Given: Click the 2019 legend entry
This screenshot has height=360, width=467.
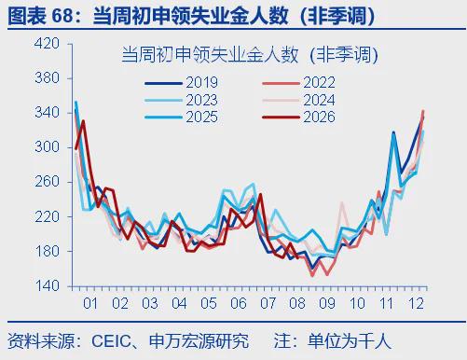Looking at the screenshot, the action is [x=182, y=83].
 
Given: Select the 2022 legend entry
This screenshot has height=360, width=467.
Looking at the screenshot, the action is [x=299, y=83].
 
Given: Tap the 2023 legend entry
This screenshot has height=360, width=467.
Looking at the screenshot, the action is [x=182, y=100].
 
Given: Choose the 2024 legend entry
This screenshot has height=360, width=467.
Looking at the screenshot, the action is [x=299, y=100].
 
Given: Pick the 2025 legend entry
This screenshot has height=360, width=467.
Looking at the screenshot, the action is [x=182, y=118].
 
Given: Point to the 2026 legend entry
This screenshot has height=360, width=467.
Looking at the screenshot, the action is [x=299, y=118].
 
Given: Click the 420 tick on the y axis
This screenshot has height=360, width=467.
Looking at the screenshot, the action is [x=47, y=44].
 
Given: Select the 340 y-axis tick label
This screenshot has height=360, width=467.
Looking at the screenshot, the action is [x=47, y=113].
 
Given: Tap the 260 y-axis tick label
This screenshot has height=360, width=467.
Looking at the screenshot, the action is [x=47, y=182].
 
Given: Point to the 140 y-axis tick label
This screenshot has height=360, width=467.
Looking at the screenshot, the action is [x=47, y=285].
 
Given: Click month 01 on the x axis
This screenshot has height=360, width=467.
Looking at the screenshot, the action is [x=90, y=303].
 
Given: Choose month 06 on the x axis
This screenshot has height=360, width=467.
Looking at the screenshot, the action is [x=239, y=303].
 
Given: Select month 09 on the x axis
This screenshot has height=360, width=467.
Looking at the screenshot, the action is [x=327, y=303].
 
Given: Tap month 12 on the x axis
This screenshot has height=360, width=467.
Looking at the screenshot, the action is [x=417, y=303].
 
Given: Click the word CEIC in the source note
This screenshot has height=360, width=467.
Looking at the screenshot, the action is [x=111, y=341].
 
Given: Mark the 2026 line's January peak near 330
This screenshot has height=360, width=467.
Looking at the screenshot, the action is [x=83, y=121].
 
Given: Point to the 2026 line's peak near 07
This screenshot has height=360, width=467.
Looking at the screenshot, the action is [x=260, y=194].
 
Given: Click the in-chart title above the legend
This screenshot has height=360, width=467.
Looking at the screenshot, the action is [x=250, y=55].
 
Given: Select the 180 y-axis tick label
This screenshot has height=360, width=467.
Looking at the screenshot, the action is [x=47, y=251].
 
